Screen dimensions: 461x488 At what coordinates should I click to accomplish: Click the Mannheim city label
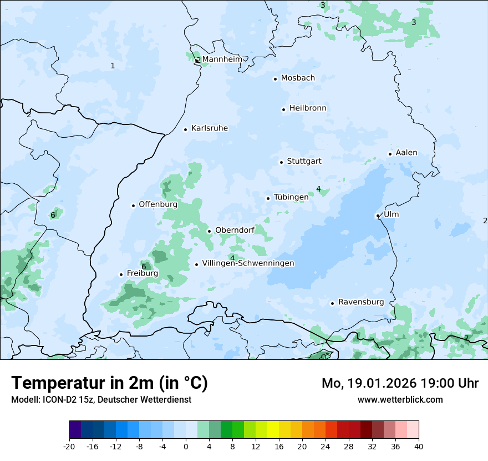pyautogui.click(x=222, y=59)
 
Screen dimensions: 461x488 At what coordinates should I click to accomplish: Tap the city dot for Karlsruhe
pyautogui.click(x=186, y=129)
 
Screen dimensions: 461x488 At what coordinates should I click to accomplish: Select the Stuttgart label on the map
pyautogui.click(x=304, y=162)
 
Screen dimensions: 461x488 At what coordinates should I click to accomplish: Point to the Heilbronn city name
pyautogui.click(x=308, y=108)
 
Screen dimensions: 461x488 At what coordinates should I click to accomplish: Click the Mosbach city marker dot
pyautogui.click(x=275, y=79)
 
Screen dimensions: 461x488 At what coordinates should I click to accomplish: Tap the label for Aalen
pyautogui.click(x=406, y=153)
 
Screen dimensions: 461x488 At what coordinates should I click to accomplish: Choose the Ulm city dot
pyautogui.click(x=378, y=216)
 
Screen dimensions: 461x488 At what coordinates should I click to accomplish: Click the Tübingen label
pyautogui.click(x=291, y=197)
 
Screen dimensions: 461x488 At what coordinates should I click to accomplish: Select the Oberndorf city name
pyautogui.click(x=235, y=230)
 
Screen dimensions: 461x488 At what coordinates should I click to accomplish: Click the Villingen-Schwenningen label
pyautogui.click(x=248, y=263)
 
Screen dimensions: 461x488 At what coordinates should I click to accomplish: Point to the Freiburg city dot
pyautogui.click(x=121, y=274)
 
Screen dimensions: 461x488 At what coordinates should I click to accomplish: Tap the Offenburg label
pyautogui.click(x=158, y=204)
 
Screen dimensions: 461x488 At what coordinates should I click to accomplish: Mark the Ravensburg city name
pyautogui.click(x=361, y=302)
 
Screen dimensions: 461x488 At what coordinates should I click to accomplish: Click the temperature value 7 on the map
pyautogui.click(x=466, y=338)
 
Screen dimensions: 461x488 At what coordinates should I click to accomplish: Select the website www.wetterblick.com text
pyautogui.click(x=400, y=399)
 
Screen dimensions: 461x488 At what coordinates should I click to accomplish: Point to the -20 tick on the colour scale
pyautogui.click(x=69, y=446)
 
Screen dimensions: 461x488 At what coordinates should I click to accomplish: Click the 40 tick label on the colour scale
pyautogui.click(x=418, y=446)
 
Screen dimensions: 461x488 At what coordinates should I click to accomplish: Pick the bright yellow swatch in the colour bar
pyautogui.click(x=273, y=430)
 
